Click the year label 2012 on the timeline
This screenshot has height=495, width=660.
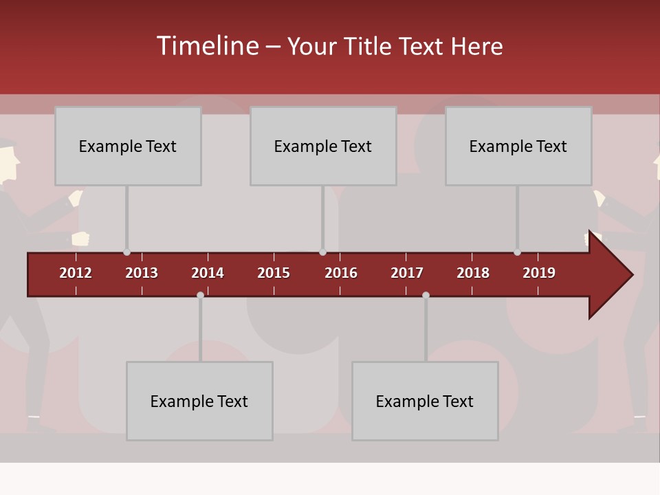coord(76,273)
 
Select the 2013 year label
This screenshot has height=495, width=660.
coord(142,273)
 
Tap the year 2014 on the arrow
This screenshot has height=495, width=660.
coord(208,273)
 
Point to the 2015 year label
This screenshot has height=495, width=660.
coord(274,273)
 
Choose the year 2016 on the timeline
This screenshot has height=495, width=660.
coord(341,273)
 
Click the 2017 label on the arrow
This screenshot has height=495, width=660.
coord(407,273)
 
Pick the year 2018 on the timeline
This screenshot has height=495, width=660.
coord(473,273)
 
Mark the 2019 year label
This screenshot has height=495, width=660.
coord(539,273)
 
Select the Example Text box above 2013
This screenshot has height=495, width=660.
coord(128,146)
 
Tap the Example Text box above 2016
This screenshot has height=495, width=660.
coord(323,146)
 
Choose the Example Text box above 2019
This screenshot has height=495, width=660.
coord(518,146)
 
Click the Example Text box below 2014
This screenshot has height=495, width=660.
coord(199,401)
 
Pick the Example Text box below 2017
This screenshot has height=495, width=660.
coord(425,401)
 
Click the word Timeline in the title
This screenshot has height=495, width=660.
coord(208,46)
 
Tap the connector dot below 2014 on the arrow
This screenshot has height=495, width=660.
coord(200,295)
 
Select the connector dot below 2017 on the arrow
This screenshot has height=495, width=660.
coord(426,295)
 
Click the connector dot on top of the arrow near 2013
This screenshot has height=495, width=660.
coord(126,252)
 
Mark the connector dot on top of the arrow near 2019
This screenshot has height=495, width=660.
coord(517,252)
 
